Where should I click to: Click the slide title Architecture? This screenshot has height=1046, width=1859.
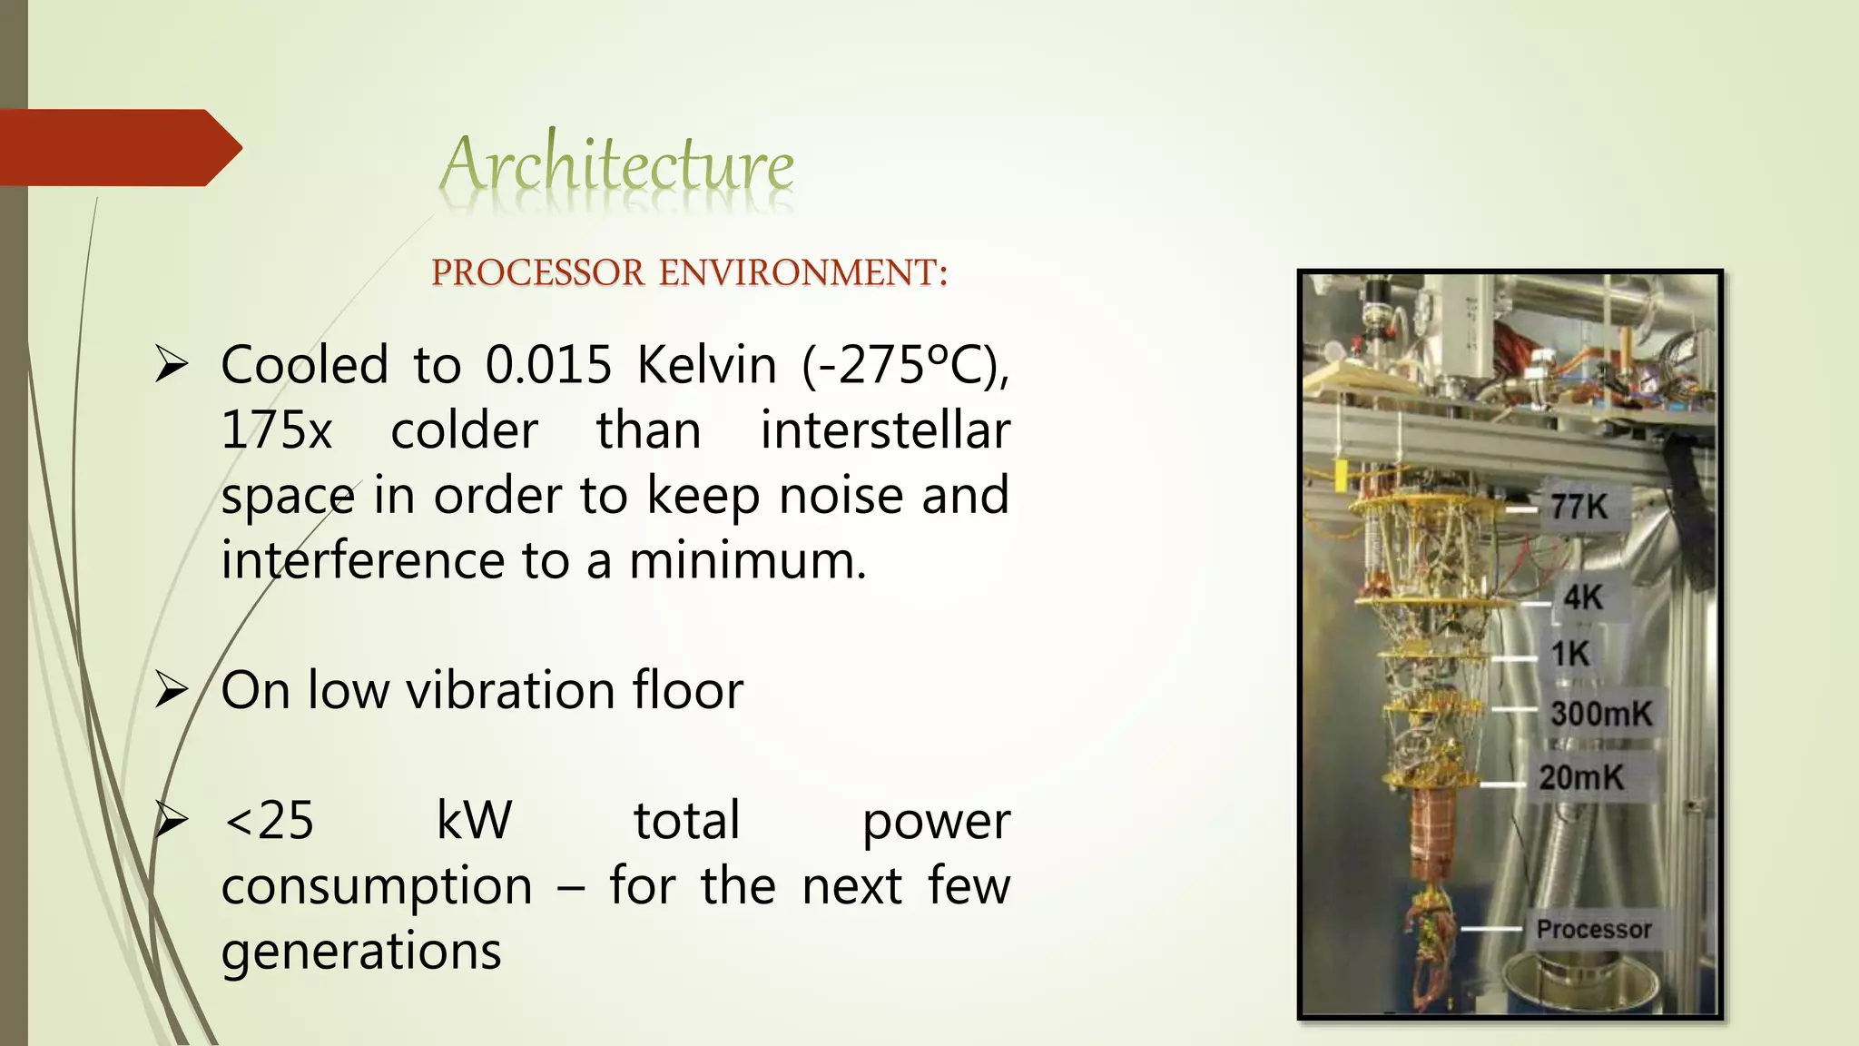click(x=617, y=166)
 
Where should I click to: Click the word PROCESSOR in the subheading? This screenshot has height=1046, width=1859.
click(x=537, y=273)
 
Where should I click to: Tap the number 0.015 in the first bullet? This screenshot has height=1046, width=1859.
click(x=548, y=365)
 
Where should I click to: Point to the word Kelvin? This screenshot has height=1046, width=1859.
click(x=706, y=365)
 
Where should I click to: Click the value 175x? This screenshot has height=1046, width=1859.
click(x=277, y=430)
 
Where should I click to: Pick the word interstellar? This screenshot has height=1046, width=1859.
click(x=884, y=430)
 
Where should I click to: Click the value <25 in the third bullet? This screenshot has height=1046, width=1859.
click(x=269, y=821)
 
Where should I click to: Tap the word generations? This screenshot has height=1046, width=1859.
click(x=361, y=952)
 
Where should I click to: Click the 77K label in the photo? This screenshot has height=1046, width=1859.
click(x=1579, y=507)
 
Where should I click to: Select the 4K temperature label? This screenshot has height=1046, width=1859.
click(x=1583, y=597)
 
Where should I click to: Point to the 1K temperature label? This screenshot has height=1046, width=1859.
click(x=1570, y=654)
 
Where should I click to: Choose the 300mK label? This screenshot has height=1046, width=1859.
click(x=1601, y=714)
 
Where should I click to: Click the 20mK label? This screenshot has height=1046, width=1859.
click(x=1581, y=777)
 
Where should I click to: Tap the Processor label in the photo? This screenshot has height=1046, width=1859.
click(x=1594, y=929)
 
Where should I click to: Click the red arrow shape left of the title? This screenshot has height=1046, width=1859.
click(x=118, y=148)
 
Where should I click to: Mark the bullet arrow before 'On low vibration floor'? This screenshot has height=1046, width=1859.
click(x=171, y=690)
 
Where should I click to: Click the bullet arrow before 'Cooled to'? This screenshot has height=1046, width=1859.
click(x=171, y=365)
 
